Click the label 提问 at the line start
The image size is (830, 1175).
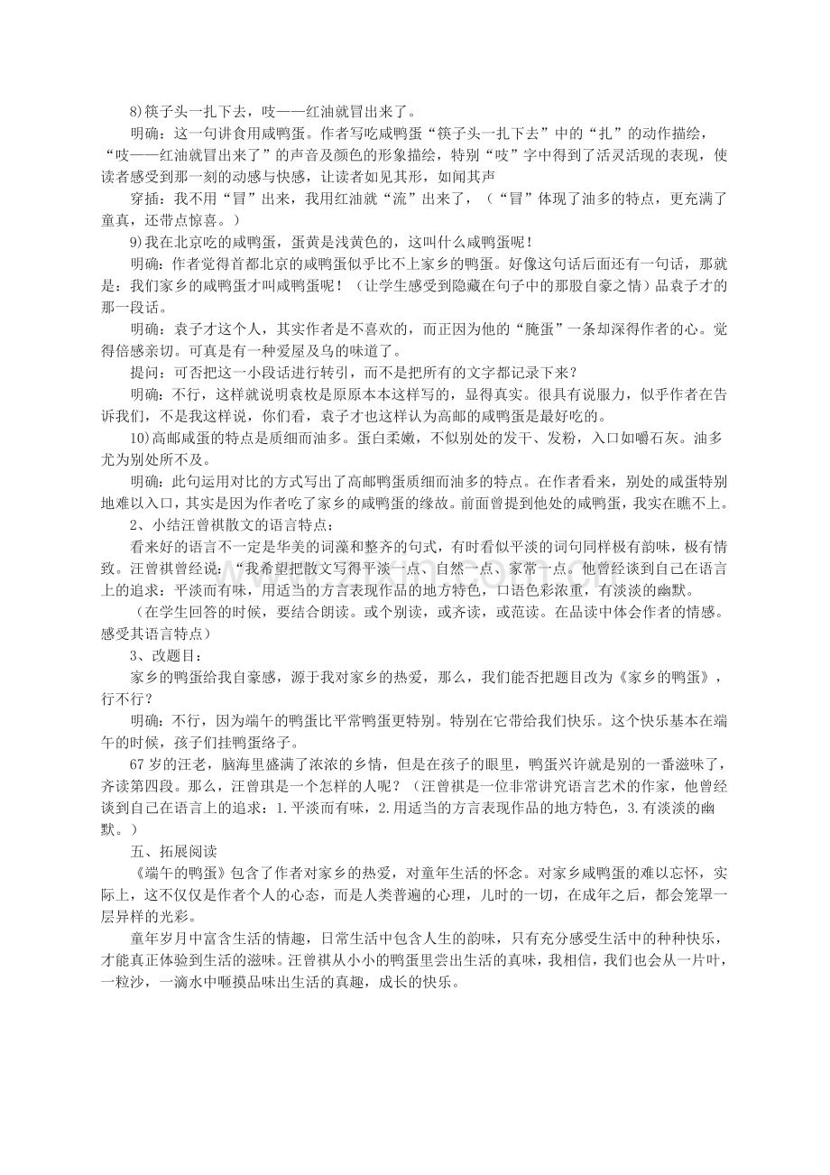(144, 373)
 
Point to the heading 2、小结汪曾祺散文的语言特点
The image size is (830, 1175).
(236, 524)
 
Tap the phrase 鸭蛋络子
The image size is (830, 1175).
(264, 742)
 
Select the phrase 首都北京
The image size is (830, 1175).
(254, 264)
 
